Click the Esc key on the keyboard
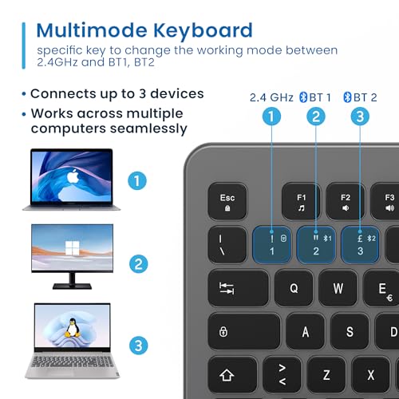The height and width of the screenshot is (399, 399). click(227, 201)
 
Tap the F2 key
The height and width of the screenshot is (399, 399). click(346, 201)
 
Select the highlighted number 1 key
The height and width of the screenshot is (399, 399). click(271, 245)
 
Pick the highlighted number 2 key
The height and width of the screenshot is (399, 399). click(316, 245)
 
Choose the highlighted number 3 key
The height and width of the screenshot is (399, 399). click(360, 245)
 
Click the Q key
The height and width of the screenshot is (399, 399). click(294, 288)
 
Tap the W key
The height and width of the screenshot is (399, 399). click(338, 288)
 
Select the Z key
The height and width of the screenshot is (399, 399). click(326, 375)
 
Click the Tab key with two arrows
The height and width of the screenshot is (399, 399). click(239, 288)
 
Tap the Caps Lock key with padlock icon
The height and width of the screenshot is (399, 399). click(244, 332)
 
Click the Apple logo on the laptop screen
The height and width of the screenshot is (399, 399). click(73, 176)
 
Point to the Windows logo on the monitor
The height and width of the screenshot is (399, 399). click(73, 248)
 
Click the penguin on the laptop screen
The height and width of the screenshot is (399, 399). click(73, 328)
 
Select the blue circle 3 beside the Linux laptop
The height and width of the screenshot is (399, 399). click(138, 346)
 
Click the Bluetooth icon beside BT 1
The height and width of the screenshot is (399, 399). click(303, 97)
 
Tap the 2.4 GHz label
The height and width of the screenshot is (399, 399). click(271, 97)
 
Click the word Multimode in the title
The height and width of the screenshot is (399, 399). click(92, 30)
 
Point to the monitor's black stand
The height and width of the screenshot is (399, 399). click(72, 282)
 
